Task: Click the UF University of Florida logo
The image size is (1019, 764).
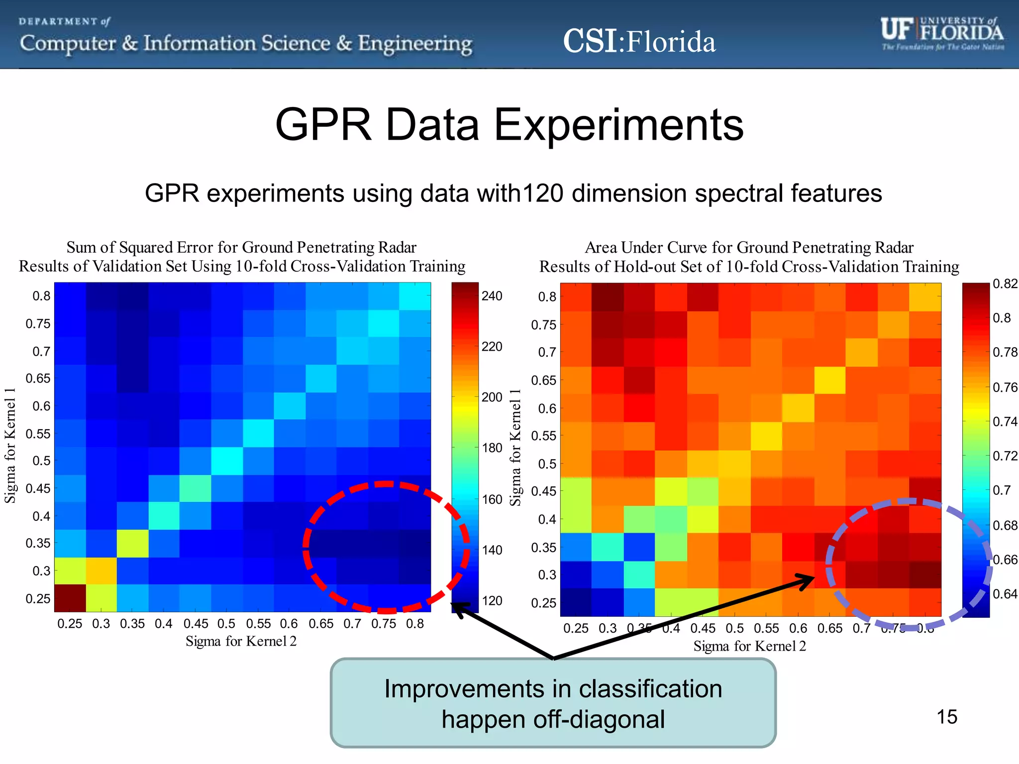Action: (942, 34)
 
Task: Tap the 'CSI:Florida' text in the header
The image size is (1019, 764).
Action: (639, 41)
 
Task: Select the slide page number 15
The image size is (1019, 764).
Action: (946, 717)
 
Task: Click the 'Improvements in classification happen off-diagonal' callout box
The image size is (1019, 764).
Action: (553, 703)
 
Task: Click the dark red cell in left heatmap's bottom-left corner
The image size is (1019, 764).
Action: (70, 598)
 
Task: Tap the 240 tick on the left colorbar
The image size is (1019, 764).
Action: (492, 296)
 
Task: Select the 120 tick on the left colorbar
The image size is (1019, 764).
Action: (492, 601)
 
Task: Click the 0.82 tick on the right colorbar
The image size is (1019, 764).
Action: (1005, 284)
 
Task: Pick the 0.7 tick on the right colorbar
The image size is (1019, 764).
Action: (1001, 490)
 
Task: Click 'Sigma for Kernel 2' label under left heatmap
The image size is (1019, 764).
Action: (241, 641)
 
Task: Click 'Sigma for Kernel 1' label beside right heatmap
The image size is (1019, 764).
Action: (515, 448)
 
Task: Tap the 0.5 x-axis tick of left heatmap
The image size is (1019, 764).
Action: (226, 624)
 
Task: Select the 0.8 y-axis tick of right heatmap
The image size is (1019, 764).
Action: (547, 297)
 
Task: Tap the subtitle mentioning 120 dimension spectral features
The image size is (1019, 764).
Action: (513, 193)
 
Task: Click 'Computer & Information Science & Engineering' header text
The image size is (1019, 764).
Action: (246, 44)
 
